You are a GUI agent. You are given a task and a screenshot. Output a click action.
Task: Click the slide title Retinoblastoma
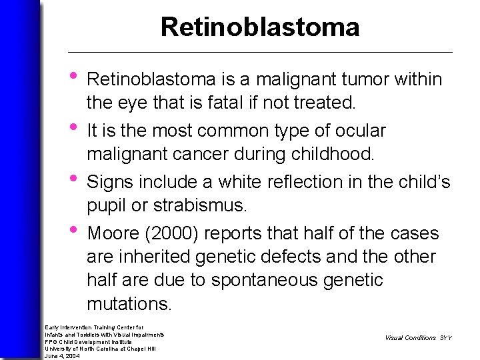pyautogui.click(x=260, y=27)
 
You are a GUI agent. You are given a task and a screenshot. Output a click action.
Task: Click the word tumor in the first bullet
pyautogui.click(x=368, y=80)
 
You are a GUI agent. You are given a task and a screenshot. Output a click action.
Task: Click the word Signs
pyautogui.click(x=111, y=182)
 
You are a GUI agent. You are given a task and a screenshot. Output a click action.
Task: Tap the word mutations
pyautogui.click(x=129, y=304)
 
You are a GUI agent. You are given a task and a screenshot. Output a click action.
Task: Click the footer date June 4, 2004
pyautogui.click(x=63, y=356)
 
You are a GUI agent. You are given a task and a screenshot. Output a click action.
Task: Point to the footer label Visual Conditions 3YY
pyautogui.click(x=418, y=338)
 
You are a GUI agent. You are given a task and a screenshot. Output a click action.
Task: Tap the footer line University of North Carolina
pyautogui.click(x=100, y=349)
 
